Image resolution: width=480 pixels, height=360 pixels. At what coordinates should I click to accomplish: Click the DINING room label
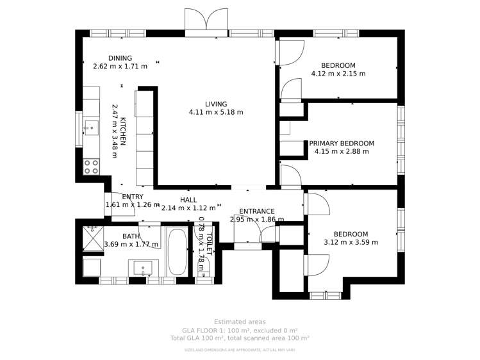coord(120,58)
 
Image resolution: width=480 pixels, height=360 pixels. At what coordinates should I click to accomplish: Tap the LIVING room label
coord(216,104)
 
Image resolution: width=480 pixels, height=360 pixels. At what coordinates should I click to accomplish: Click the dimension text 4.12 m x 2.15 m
coord(338,74)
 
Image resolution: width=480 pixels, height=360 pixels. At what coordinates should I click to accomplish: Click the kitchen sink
coord(90,128)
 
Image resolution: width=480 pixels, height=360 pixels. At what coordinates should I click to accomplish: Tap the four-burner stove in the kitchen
coord(91,167)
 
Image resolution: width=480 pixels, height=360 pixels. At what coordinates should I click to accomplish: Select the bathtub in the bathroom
coord(176,252)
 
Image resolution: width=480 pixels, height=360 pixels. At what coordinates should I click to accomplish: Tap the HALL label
coord(188,200)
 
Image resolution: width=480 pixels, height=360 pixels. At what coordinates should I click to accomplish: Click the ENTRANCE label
coord(256,211)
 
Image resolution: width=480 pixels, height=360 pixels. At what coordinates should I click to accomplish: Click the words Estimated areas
coord(240,322)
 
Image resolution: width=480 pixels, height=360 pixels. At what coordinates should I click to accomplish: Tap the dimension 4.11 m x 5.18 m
coord(216,112)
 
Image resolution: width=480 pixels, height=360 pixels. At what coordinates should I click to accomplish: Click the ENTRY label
coord(133,197)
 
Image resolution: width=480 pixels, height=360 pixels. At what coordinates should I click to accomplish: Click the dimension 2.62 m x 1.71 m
coord(120,66)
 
